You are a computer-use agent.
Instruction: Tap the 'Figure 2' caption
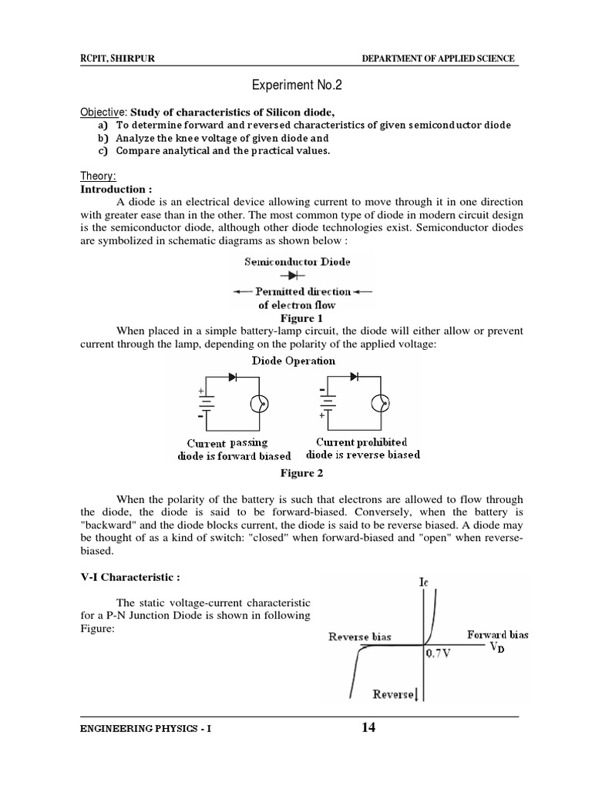tap(298, 473)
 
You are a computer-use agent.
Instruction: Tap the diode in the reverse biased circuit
tap(354, 376)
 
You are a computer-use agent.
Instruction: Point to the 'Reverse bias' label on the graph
tap(359, 636)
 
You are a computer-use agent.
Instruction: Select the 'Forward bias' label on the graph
tap(497, 635)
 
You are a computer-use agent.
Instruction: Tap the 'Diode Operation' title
tap(293, 360)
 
